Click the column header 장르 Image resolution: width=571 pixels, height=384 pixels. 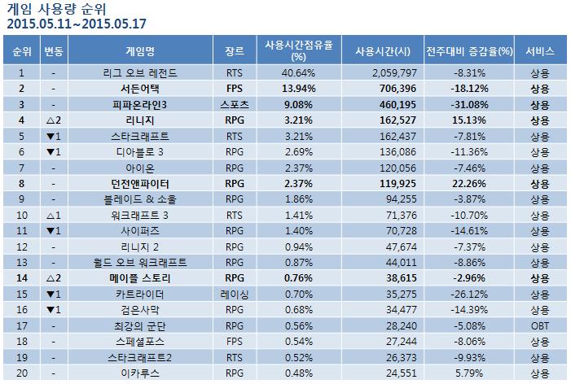tap(235, 50)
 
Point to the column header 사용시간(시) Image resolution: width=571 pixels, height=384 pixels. tap(381, 50)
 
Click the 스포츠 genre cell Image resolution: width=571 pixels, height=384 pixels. tap(235, 103)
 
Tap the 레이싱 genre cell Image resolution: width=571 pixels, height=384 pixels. tap(235, 293)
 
